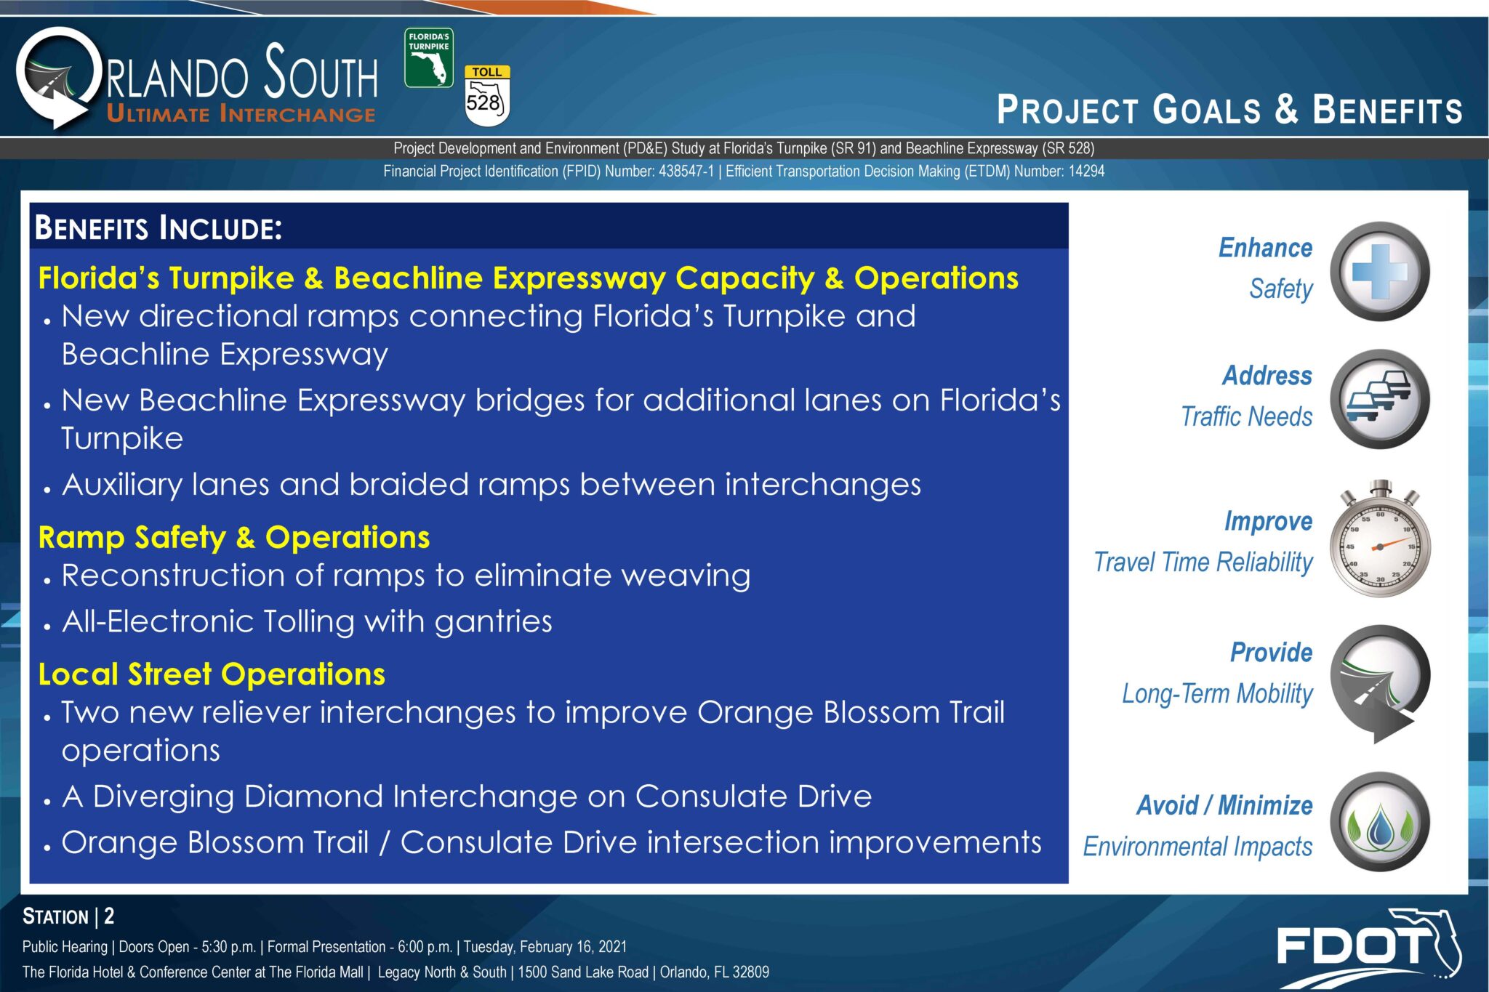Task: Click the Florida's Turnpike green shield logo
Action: pyautogui.click(x=429, y=58)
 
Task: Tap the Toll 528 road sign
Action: pyautogui.click(x=487, y=96)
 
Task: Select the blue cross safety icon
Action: pyautogui.click(x=1380, y=272)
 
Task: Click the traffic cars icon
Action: pyautogui.click(x=1380, y=399)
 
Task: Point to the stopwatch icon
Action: pyautogui.click(x=1380, y=539)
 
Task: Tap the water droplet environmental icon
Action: pyautogui.click(x=1380, y=822)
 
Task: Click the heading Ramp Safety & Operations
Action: pyautogui.click(x=234, y=538)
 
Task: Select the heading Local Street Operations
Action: pyautogui.click(x=212, y=674)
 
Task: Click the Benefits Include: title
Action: pyautogui.click(x=158, y=227)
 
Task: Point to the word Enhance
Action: pyautogui.click(x=1266, y=248)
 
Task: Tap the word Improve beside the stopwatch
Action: pyautogui.click(x=1269, y=522)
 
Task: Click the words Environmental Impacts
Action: pyautogui.click(x=1198, y=847)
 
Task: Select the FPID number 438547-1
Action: pyautogui.click(x=686, y=172)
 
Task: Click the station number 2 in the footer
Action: pyautogui.click(x=109, y=916)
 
